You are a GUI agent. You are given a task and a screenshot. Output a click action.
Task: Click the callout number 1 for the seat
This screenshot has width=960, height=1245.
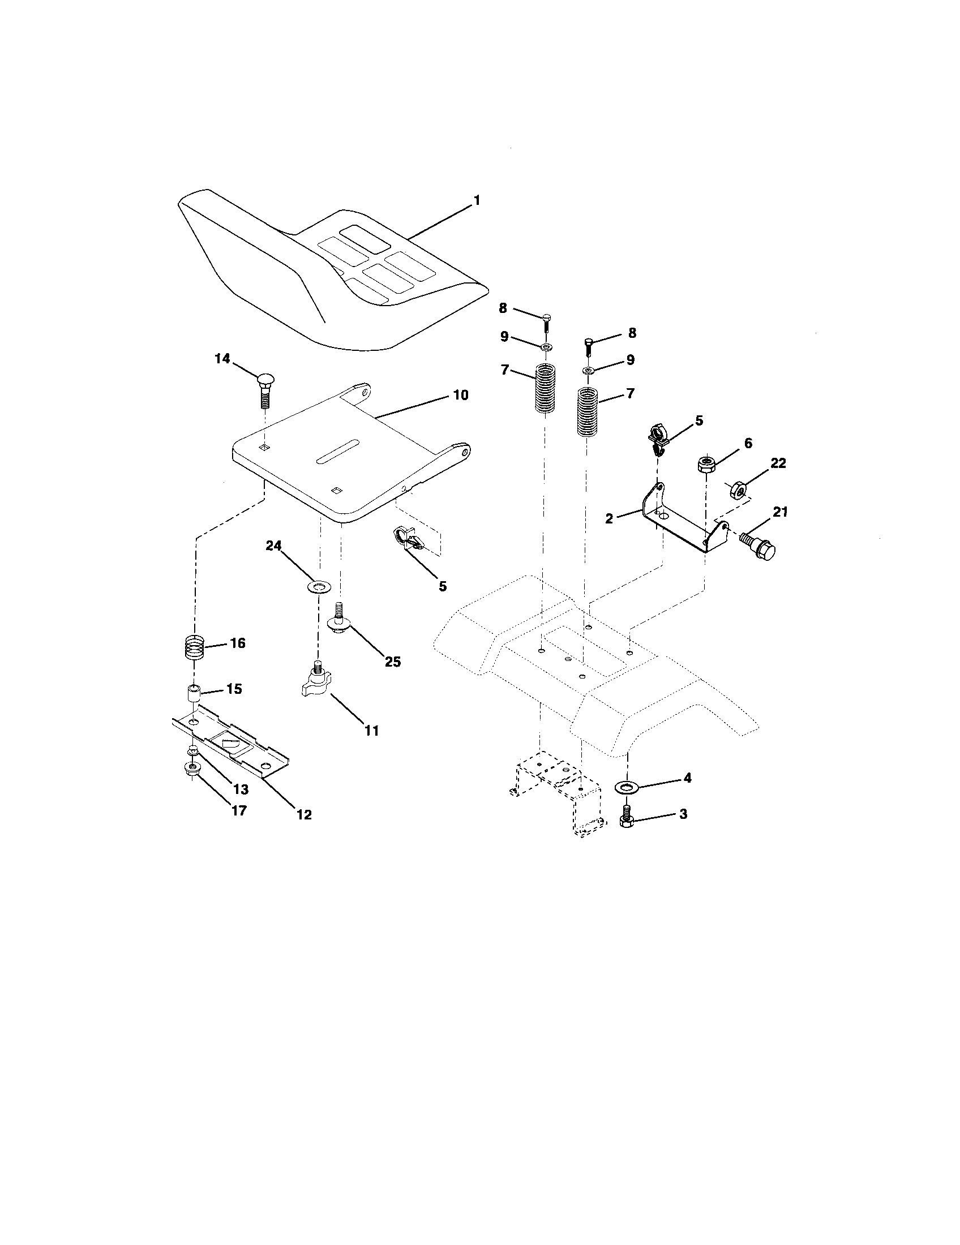click(476, 201)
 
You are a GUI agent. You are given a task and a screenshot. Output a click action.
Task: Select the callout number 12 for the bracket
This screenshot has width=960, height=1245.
click(304, 814)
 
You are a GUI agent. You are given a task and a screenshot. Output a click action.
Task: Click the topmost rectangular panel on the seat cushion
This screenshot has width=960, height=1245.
click(362, 239)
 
